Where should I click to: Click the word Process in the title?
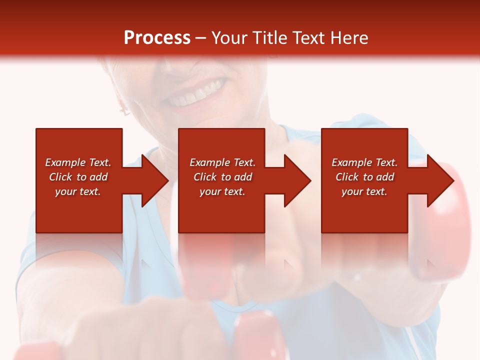coord(157,38)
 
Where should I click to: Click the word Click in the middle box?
coord(205,177)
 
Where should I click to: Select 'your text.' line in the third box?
coord(364,191)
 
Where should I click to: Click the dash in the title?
coord(201,38)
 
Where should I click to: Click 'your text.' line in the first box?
coord(77,191)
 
